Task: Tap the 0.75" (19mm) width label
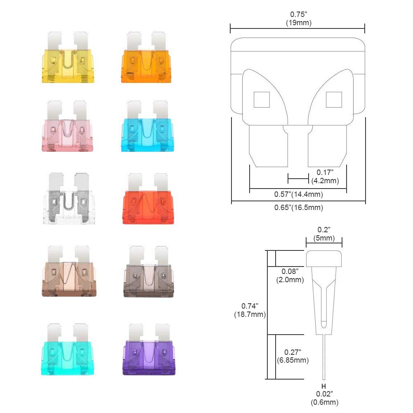point(298,19)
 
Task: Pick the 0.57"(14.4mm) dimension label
point(298,194)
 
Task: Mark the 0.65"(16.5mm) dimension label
point(298,208)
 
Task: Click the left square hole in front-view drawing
point(262,99)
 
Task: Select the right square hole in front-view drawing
point(334,99)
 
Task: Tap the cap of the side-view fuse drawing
point(324,258)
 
